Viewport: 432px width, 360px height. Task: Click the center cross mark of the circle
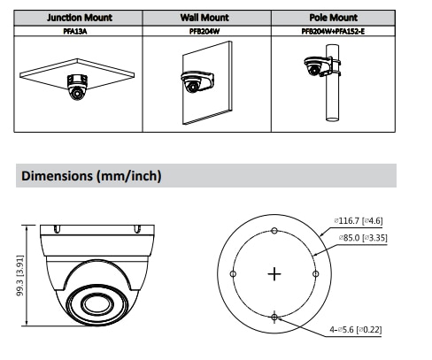click(x=274, y=274)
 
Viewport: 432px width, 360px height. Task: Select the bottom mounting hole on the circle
click(x=274, y=317)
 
